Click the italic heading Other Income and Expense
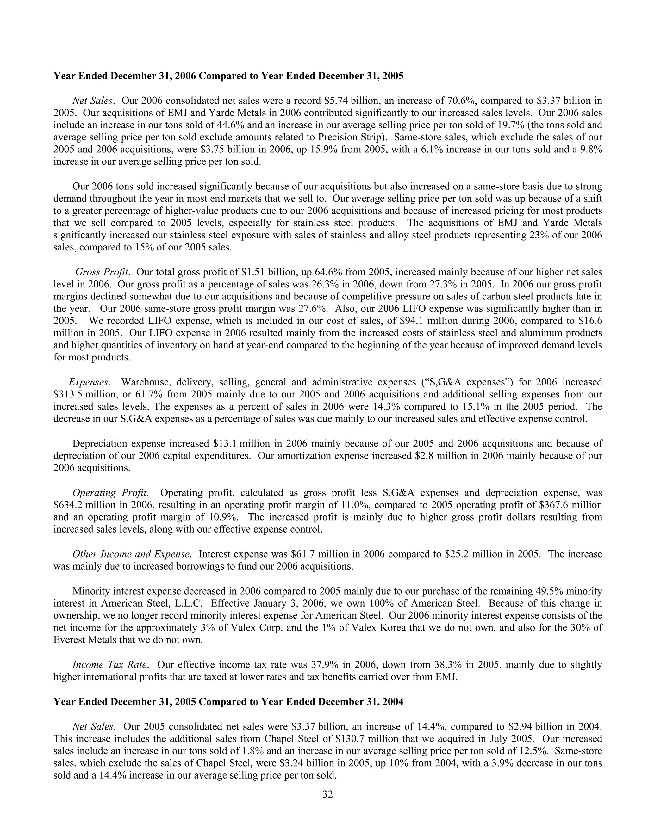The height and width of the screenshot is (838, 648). (x=132, y=554)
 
